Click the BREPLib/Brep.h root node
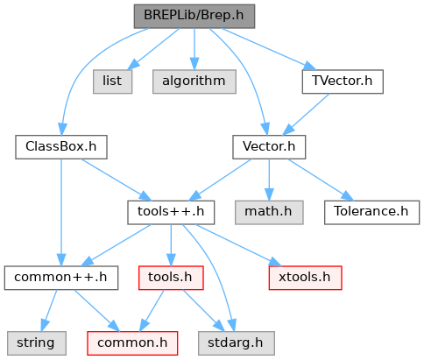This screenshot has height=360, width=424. [194, 17]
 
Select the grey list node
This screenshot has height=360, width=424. [112, 81]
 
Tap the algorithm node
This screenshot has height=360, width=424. [194, 81]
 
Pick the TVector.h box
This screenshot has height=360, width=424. [343, 81]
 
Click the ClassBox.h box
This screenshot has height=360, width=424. [61, 147]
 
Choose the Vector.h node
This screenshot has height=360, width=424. [269, 147]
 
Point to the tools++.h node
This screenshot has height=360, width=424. [171, 212]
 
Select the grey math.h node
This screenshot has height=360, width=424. [269, 212]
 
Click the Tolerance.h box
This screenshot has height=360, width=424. [371, 212]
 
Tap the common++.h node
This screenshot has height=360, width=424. [61, 278]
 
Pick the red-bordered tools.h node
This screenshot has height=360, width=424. [171, 278]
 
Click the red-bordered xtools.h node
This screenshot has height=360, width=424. [305, 278]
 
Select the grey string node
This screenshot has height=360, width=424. [37, 343]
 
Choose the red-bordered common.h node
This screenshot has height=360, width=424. [132, 343]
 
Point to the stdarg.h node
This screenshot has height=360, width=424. [237, 343]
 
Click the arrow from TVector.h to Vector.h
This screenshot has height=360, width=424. [306, 114]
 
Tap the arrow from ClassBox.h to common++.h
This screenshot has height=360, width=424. [61, 213]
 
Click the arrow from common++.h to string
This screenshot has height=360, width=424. [49, 311]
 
